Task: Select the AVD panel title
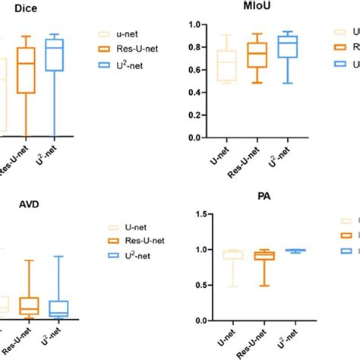(x=16, y=204)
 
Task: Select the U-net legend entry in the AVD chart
(x=129, y=227)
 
